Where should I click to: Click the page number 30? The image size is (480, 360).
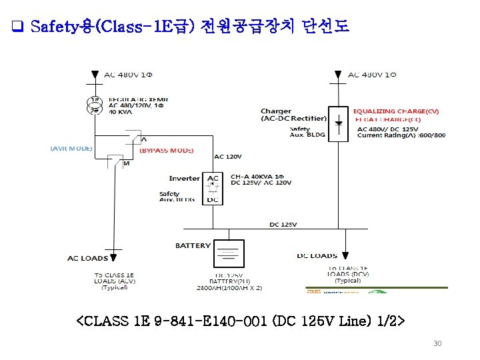tap(437, 343)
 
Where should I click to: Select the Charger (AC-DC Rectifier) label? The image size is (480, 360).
tap(293, 115)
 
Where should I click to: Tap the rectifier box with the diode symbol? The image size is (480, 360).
tap(339, 123)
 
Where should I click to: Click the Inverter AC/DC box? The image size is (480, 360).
tap(212, 189)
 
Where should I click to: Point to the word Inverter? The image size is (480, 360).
tap(184, 179)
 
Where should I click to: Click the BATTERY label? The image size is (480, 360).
tap(193, 245)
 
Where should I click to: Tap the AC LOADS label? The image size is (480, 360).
tap(87, 258)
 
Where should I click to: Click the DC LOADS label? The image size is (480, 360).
tap(317, 255)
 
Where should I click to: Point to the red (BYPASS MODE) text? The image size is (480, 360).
tap(166, 151)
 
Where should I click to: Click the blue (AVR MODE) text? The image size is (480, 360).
tap(71, 148)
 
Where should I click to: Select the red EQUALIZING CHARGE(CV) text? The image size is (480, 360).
tap(396, 111)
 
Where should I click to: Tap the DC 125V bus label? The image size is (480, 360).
tap(283, 224)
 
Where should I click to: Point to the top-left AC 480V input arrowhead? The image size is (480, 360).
tap(95, 73)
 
